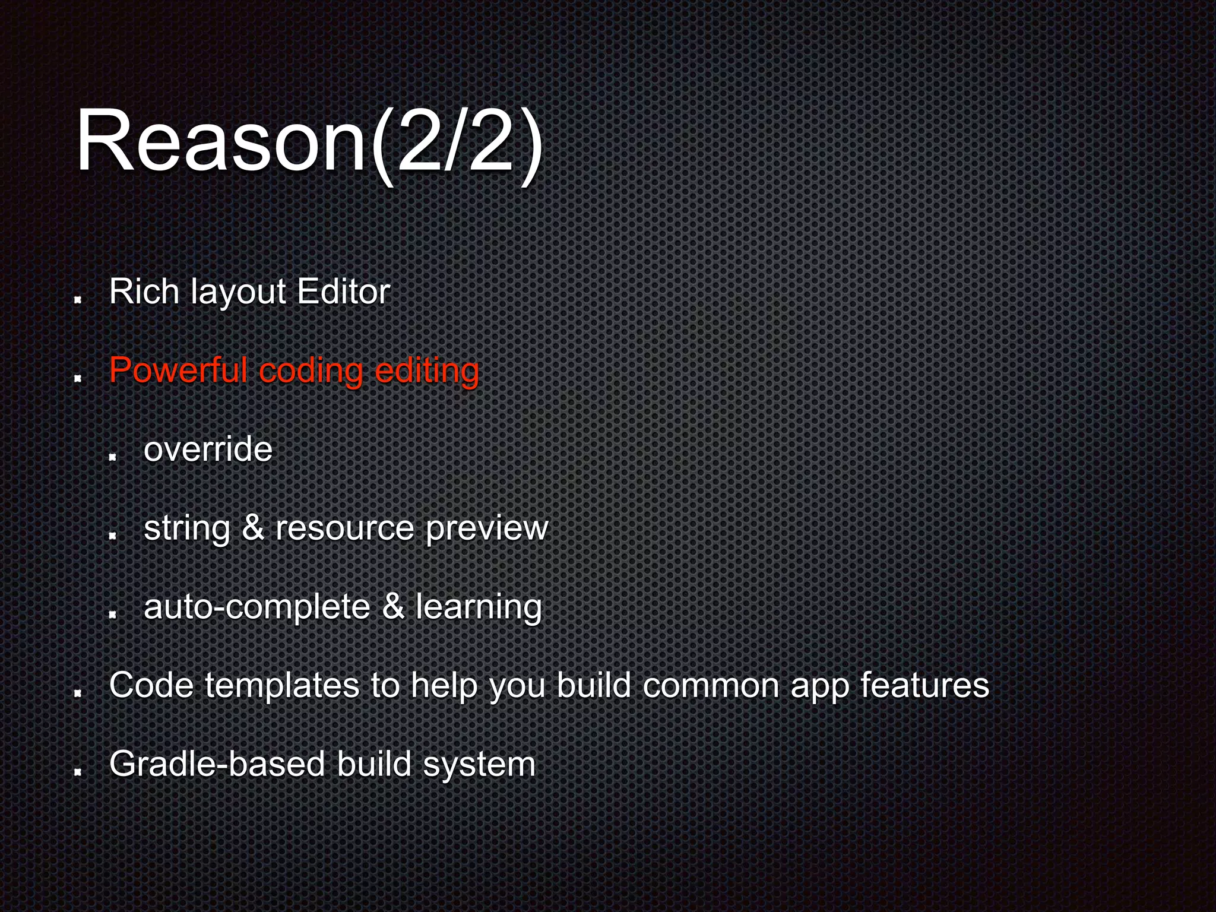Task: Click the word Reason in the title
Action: click(220, 141)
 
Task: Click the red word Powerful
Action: click(178, 370)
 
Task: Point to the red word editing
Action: click(427, 372)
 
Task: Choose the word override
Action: click(208, 449)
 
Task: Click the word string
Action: click(186, 528)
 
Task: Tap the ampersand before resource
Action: click(253, 528)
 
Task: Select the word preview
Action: click(486, 528)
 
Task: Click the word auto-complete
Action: click(257, 607)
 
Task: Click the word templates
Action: click(282, 686)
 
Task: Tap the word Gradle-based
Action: click(217, 764)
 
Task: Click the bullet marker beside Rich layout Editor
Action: click(77, 300)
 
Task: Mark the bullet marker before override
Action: click(112, 457)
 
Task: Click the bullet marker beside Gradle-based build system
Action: click(77, 772)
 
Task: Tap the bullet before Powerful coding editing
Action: click(77, 378)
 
